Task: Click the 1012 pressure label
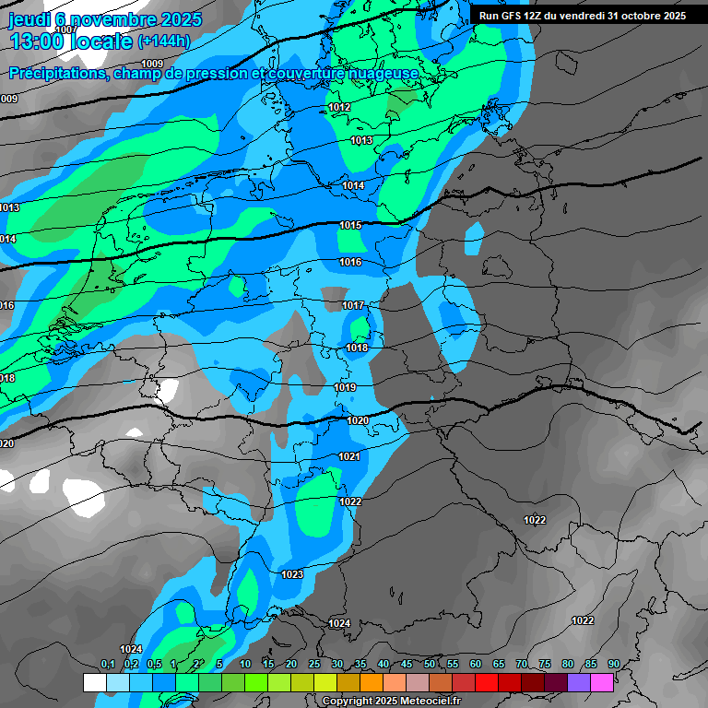coord(339,108)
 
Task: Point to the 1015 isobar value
coord(350,225)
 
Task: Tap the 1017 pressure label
coord(353,305)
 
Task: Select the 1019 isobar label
coord(345,388)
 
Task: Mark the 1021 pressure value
coord(348,457)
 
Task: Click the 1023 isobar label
coord(292,574)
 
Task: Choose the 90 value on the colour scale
coord(613,664)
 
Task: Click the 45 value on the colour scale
coord(407,664)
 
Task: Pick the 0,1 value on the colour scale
coord(107,664)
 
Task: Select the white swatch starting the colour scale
coord(94,682)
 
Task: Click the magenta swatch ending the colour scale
coord(602,682)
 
